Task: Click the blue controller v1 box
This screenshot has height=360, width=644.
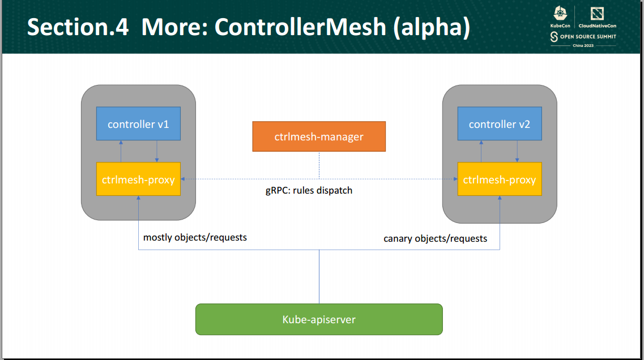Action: (x=138, y=124)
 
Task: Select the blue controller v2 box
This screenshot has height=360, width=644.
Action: (x=499, y=124)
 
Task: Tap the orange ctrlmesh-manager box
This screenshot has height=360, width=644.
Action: (x=318, y=136)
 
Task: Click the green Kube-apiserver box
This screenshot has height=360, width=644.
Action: (x=318, y=319)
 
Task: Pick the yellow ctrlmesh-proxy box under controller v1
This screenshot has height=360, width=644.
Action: (x=138, y=179)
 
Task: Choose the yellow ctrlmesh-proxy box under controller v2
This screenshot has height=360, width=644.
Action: (x=499, y=179)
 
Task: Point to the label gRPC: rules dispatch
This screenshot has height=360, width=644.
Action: (x=309, y=191)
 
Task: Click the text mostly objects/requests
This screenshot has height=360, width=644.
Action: (x=195, y=237)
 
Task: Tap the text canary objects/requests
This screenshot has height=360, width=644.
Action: (x=435, y=238)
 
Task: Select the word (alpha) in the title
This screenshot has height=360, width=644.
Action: (x=432, y=27)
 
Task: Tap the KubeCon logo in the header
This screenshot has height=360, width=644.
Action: (x=560, y=18)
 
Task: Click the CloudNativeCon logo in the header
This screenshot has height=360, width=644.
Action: (x=596, y=18)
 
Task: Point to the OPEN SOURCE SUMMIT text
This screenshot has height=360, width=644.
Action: (x=587, y=36)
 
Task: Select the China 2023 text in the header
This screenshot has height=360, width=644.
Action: (x=583, y=45)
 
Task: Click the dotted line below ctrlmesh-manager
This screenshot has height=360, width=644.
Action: (x=319, y=165)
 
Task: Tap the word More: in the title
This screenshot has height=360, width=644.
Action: (x=172, y=27)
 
